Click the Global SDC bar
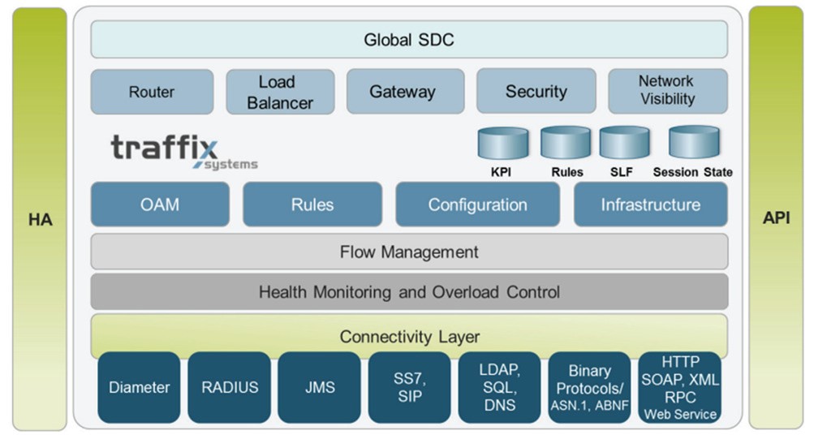[x=408, y=39]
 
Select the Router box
[x=152, y=92]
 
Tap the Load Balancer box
[x=280, y=92]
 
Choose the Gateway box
[x=403, y=92]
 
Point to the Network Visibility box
[x=666, y=90]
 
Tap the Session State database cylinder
[x=693, y=144]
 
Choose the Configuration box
[x=477, y=205]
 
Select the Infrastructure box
[x=650, y=205]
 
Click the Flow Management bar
[x=408, y=252]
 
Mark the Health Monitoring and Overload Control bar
[x=408, y=291]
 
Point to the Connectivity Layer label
[x=408, y=335]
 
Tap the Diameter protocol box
[x=139, y=387]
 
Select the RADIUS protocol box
[x=230, y=387]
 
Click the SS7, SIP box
[x=409, y=387]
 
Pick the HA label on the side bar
[x=40, y=219]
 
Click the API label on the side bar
[x=776, y=219]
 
